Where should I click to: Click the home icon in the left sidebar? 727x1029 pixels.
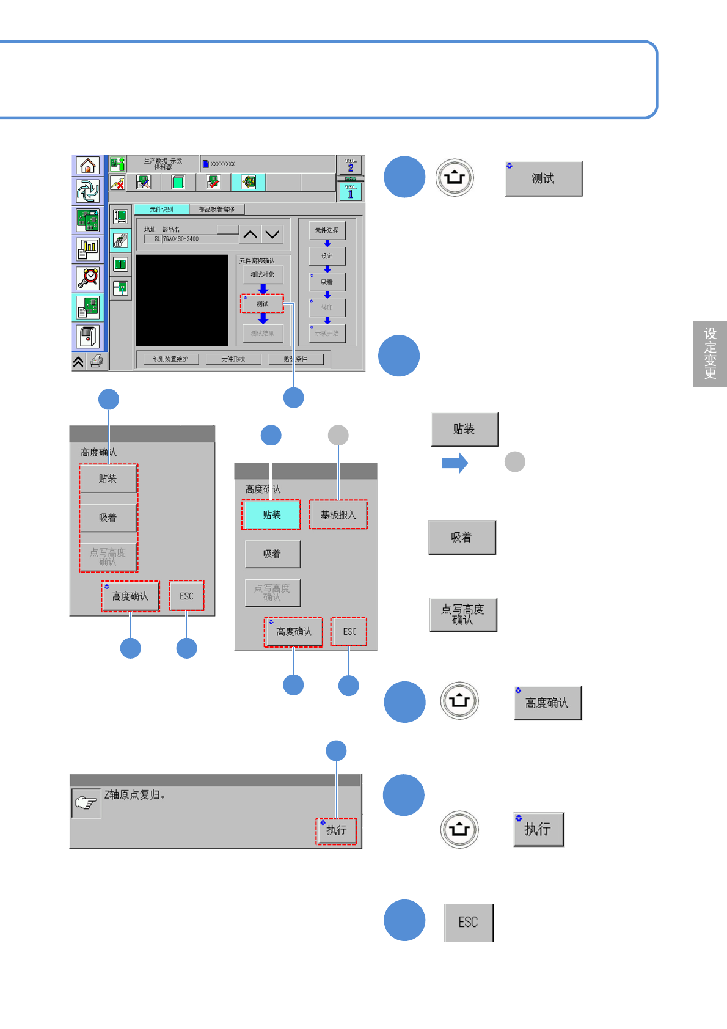88,166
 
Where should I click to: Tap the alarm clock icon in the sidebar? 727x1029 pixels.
88,278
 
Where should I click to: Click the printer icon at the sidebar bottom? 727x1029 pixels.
97,362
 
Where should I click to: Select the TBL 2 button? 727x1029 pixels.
350,165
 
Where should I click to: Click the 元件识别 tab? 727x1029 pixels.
161,210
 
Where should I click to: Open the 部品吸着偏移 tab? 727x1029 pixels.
217,210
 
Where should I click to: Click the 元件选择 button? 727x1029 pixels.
327,230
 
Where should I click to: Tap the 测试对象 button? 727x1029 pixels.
263,274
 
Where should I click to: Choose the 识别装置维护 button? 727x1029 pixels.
170,359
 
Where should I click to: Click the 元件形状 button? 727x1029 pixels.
233,359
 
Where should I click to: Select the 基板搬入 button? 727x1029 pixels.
338,514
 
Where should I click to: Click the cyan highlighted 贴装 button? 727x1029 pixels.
272,514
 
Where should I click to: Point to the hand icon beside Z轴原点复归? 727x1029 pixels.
86,803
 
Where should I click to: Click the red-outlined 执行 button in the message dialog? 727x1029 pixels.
336,830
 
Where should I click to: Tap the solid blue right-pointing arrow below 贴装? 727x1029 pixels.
455,463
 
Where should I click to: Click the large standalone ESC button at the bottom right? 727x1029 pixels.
469,922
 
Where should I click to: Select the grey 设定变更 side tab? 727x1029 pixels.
710,354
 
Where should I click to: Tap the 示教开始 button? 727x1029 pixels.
327,334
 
